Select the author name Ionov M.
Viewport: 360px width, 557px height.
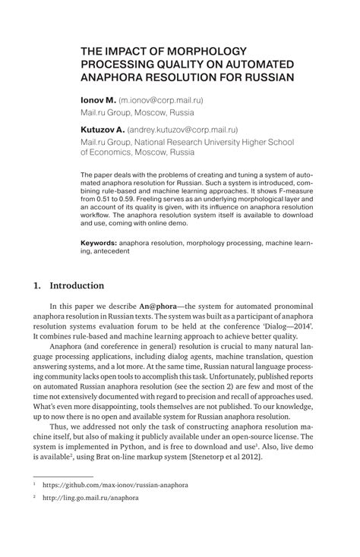click(x=98, y=99)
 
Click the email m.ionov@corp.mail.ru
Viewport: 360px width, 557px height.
click(x=161, y=99)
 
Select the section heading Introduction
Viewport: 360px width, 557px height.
click(x=77, y=286)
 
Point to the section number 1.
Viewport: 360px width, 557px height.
click(x=37, y=286)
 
